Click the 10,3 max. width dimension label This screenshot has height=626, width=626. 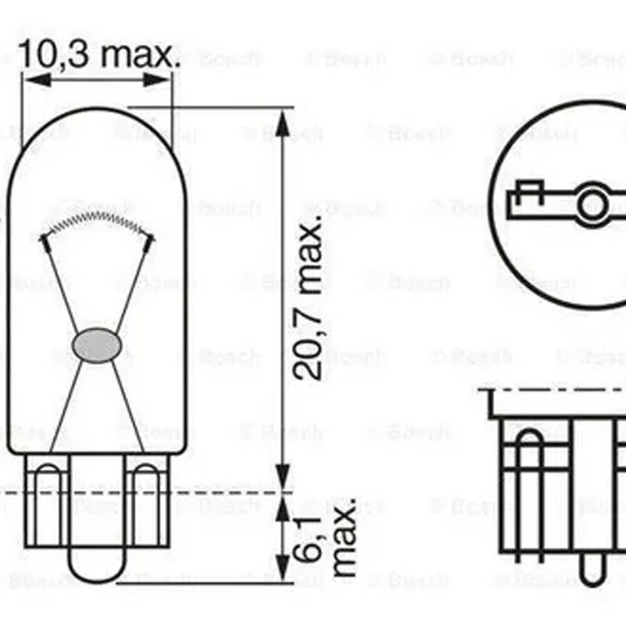[97, 56]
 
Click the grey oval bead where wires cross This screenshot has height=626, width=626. [96, 345]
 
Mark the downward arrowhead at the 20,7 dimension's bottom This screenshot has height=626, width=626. [283, 472]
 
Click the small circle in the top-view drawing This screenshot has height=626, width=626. [592, 204]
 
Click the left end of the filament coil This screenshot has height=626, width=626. [44, 238]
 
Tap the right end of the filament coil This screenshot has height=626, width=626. [150, 238]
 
